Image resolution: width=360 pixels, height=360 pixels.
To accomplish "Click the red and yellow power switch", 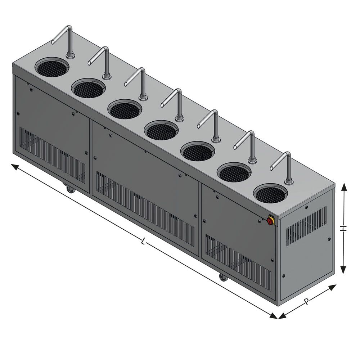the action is click(x=270, y=220).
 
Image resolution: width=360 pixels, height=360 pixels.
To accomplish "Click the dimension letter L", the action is click(x=144, y=241).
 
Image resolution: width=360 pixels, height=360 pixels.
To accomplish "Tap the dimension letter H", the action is click(x=343, y=228).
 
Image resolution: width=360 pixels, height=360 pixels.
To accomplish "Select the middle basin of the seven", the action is click(x=161, y=130).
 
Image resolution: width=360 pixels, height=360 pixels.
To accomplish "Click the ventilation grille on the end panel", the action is click(x=306, y=226).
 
